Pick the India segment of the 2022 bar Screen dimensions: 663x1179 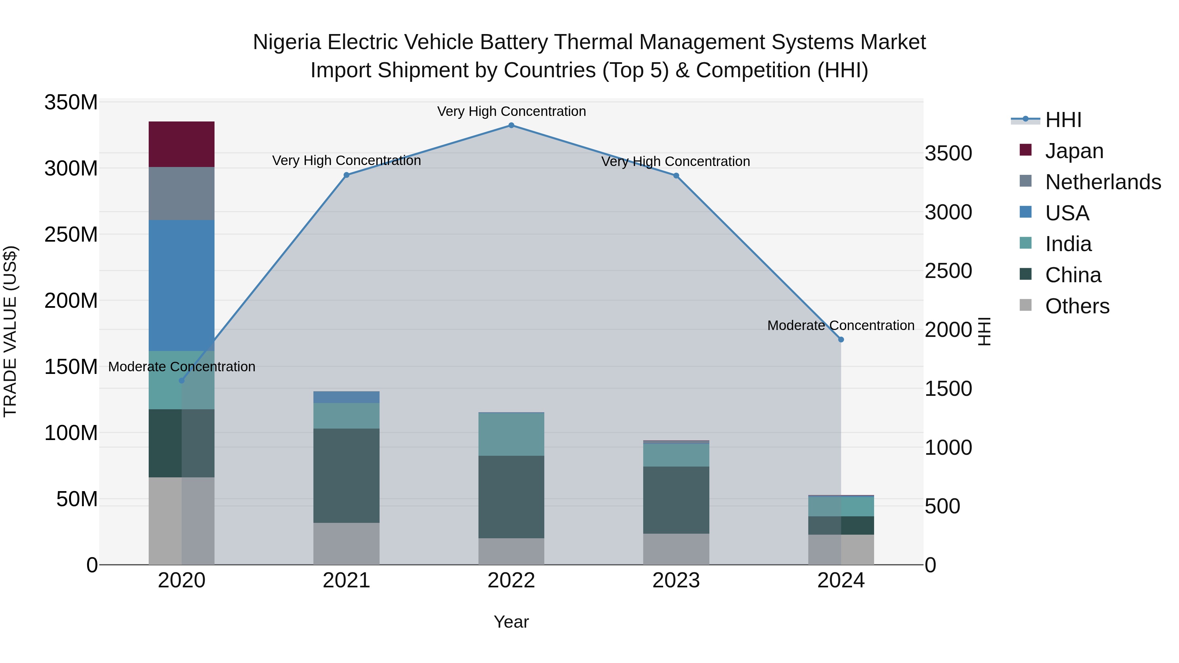(x=511, y=434)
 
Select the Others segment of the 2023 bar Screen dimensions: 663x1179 (x=676, y=549)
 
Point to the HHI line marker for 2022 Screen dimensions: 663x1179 (x=511, y=125)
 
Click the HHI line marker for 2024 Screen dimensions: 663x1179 (x=841, y=340)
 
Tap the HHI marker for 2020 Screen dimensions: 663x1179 (x=182, y=380)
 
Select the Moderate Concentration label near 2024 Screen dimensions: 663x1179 (x=840, y=325)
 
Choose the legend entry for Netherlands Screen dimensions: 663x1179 (x=1103, y=182)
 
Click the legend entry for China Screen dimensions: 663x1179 (x=1073, y=275)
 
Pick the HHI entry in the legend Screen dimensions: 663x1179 (x=1063, y=120)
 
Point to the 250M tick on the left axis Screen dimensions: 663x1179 (x=71, y=235)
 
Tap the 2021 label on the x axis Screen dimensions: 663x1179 (x=346, y=580)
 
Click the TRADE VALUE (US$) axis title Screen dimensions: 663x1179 (x=10, y=331)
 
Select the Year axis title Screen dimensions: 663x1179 (x=511, y=622)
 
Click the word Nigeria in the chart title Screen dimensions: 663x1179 (x=287, y=42)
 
